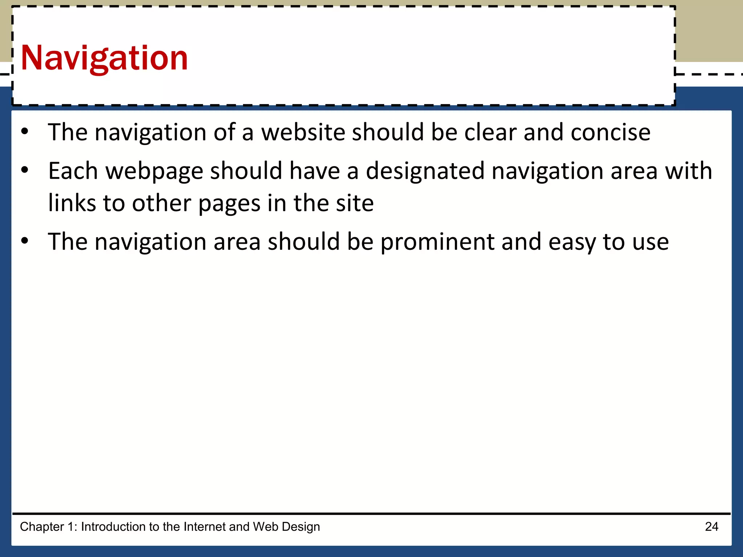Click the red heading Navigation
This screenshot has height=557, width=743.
pos(104,58)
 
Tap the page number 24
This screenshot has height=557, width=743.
pos(711,527)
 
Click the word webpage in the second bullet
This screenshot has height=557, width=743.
pos(154,171)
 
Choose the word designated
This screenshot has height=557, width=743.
pos(425,171)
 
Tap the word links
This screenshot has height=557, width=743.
pos(72,203)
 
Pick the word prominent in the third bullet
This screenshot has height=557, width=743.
pos(437,242)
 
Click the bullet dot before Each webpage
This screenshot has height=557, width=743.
pos(24,170)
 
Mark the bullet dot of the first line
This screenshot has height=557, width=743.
pos(24,131)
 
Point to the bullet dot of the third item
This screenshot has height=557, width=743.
pos(24,240)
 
